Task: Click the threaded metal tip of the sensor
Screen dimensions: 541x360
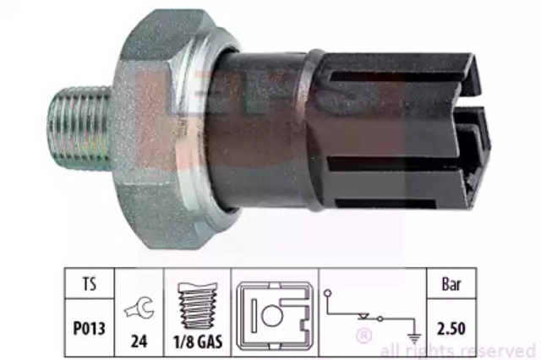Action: click(x=79, y=128)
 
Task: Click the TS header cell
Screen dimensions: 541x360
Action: click(x=90, y=284)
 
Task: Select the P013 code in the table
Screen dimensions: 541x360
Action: click(x=89, y=328)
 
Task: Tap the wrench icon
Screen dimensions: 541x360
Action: click(x=139, y=308)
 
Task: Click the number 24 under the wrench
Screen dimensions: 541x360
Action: click(x=139, y=341)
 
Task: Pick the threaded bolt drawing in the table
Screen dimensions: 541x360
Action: click(x=198, y=306)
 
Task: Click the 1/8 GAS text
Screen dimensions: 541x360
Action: click(x=198, y=341)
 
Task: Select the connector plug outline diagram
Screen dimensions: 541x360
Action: click(x=275, y=316)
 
